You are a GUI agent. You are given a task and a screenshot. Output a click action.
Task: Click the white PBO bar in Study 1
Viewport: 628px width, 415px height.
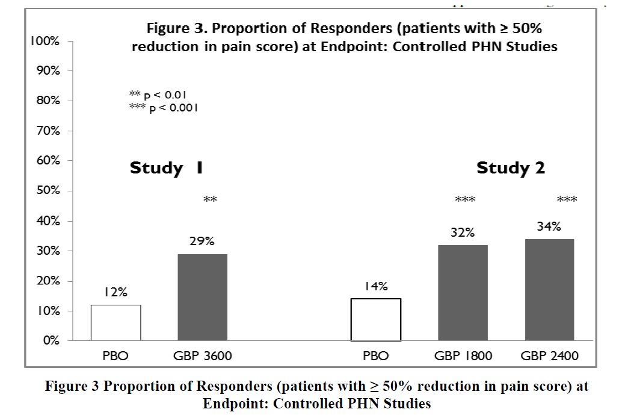(x=116, y=323)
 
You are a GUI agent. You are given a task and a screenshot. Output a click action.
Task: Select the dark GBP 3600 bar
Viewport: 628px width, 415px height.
(x=203, y=298)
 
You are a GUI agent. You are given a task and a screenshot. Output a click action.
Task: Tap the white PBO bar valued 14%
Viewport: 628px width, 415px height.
(x=376, y=320)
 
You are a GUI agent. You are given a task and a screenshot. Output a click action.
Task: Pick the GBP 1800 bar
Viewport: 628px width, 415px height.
(x=463, y=293)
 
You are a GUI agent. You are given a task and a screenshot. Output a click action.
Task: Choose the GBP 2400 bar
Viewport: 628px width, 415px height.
(x=549, y=290)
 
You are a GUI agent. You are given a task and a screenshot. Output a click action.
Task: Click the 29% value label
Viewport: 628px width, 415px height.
(x=202, y=241)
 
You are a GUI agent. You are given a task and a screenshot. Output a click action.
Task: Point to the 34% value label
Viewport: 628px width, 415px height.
(x=549, y=226)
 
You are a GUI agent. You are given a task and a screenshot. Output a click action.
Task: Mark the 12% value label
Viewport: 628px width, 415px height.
(x=115, y=292)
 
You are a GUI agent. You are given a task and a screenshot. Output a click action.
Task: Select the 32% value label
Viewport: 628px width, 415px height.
(x=463, y=232)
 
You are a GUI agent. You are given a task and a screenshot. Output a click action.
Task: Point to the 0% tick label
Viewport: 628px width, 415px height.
(x=51, y=341)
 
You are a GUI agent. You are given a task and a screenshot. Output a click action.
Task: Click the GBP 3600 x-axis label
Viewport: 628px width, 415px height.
(x=203, y=356)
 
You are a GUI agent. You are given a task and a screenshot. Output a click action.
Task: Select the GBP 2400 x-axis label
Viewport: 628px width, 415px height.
(x=549, y=356)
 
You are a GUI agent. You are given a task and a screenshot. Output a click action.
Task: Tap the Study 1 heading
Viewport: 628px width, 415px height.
(x=166, y=168)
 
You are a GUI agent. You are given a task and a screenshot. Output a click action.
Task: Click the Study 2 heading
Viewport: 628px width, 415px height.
(x=510, y=168)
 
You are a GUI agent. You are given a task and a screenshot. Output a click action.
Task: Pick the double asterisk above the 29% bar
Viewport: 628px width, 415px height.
(x=211, y=200)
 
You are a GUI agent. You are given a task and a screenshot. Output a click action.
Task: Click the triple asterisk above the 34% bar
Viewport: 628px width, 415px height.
(x=567, y=200)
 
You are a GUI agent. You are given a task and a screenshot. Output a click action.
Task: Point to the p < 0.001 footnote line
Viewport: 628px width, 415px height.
(x=164, y=108)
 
